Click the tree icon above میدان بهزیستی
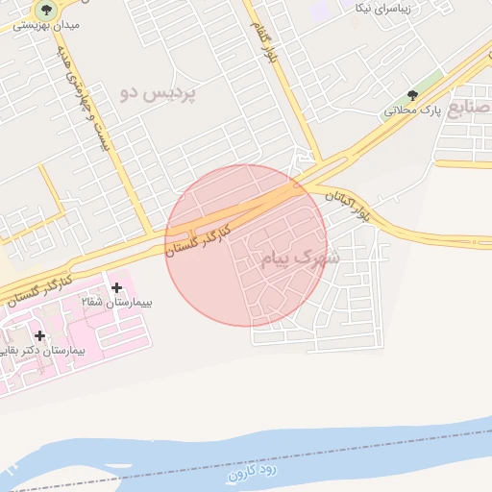pos(45,10)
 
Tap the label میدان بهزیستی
pos(46,27)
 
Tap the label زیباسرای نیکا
pos(383,9)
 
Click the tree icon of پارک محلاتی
pos(412,95)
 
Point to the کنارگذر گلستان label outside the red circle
pos(37,289)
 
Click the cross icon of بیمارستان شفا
pos(117,287)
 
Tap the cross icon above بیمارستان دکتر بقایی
pos(39,335)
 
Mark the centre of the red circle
pos(246,245)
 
